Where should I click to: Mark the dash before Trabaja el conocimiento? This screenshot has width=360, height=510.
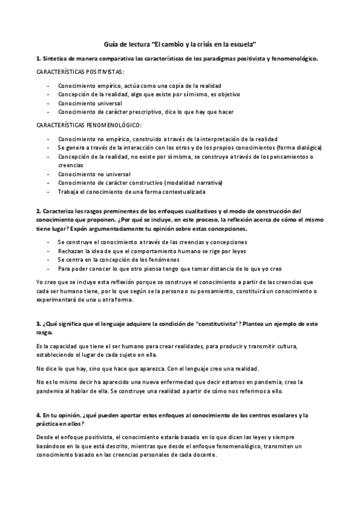pyautogui.click(x=47, y=192)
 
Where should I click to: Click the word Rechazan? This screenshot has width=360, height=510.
pyautogui.click(x=72, y=251)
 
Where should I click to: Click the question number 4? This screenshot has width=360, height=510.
pyautogui.click(x=38, y=416)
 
